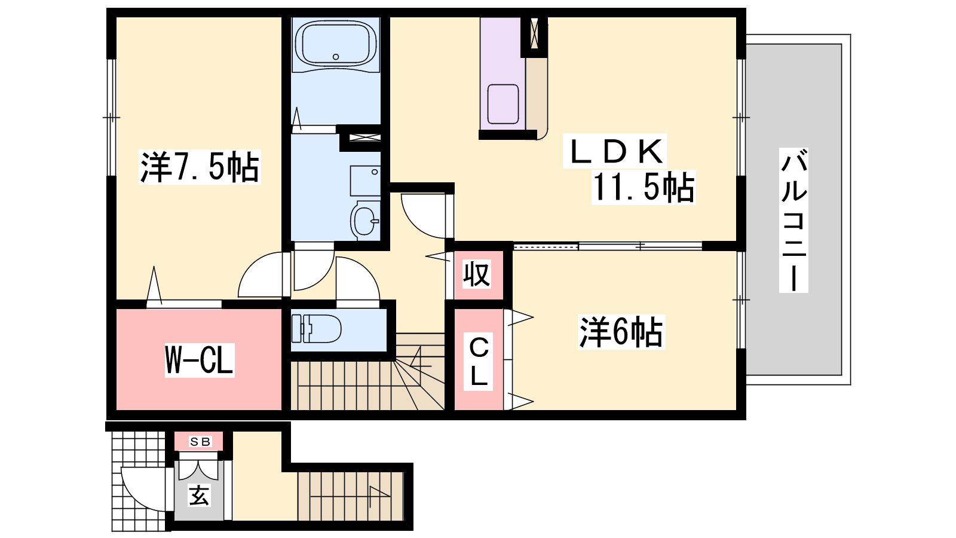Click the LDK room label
[615, 152]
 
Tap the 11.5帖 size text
[643, 187]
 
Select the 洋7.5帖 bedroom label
[200, 167]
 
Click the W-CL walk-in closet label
[200, 360]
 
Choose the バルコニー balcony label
[793, 220]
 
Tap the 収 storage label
[477, 274]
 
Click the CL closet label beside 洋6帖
[479, 362]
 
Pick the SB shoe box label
[200, 442]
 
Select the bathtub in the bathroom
[335, 43]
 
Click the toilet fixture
[316, 328]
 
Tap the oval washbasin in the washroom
[365, 221]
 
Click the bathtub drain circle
[335, 57]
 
